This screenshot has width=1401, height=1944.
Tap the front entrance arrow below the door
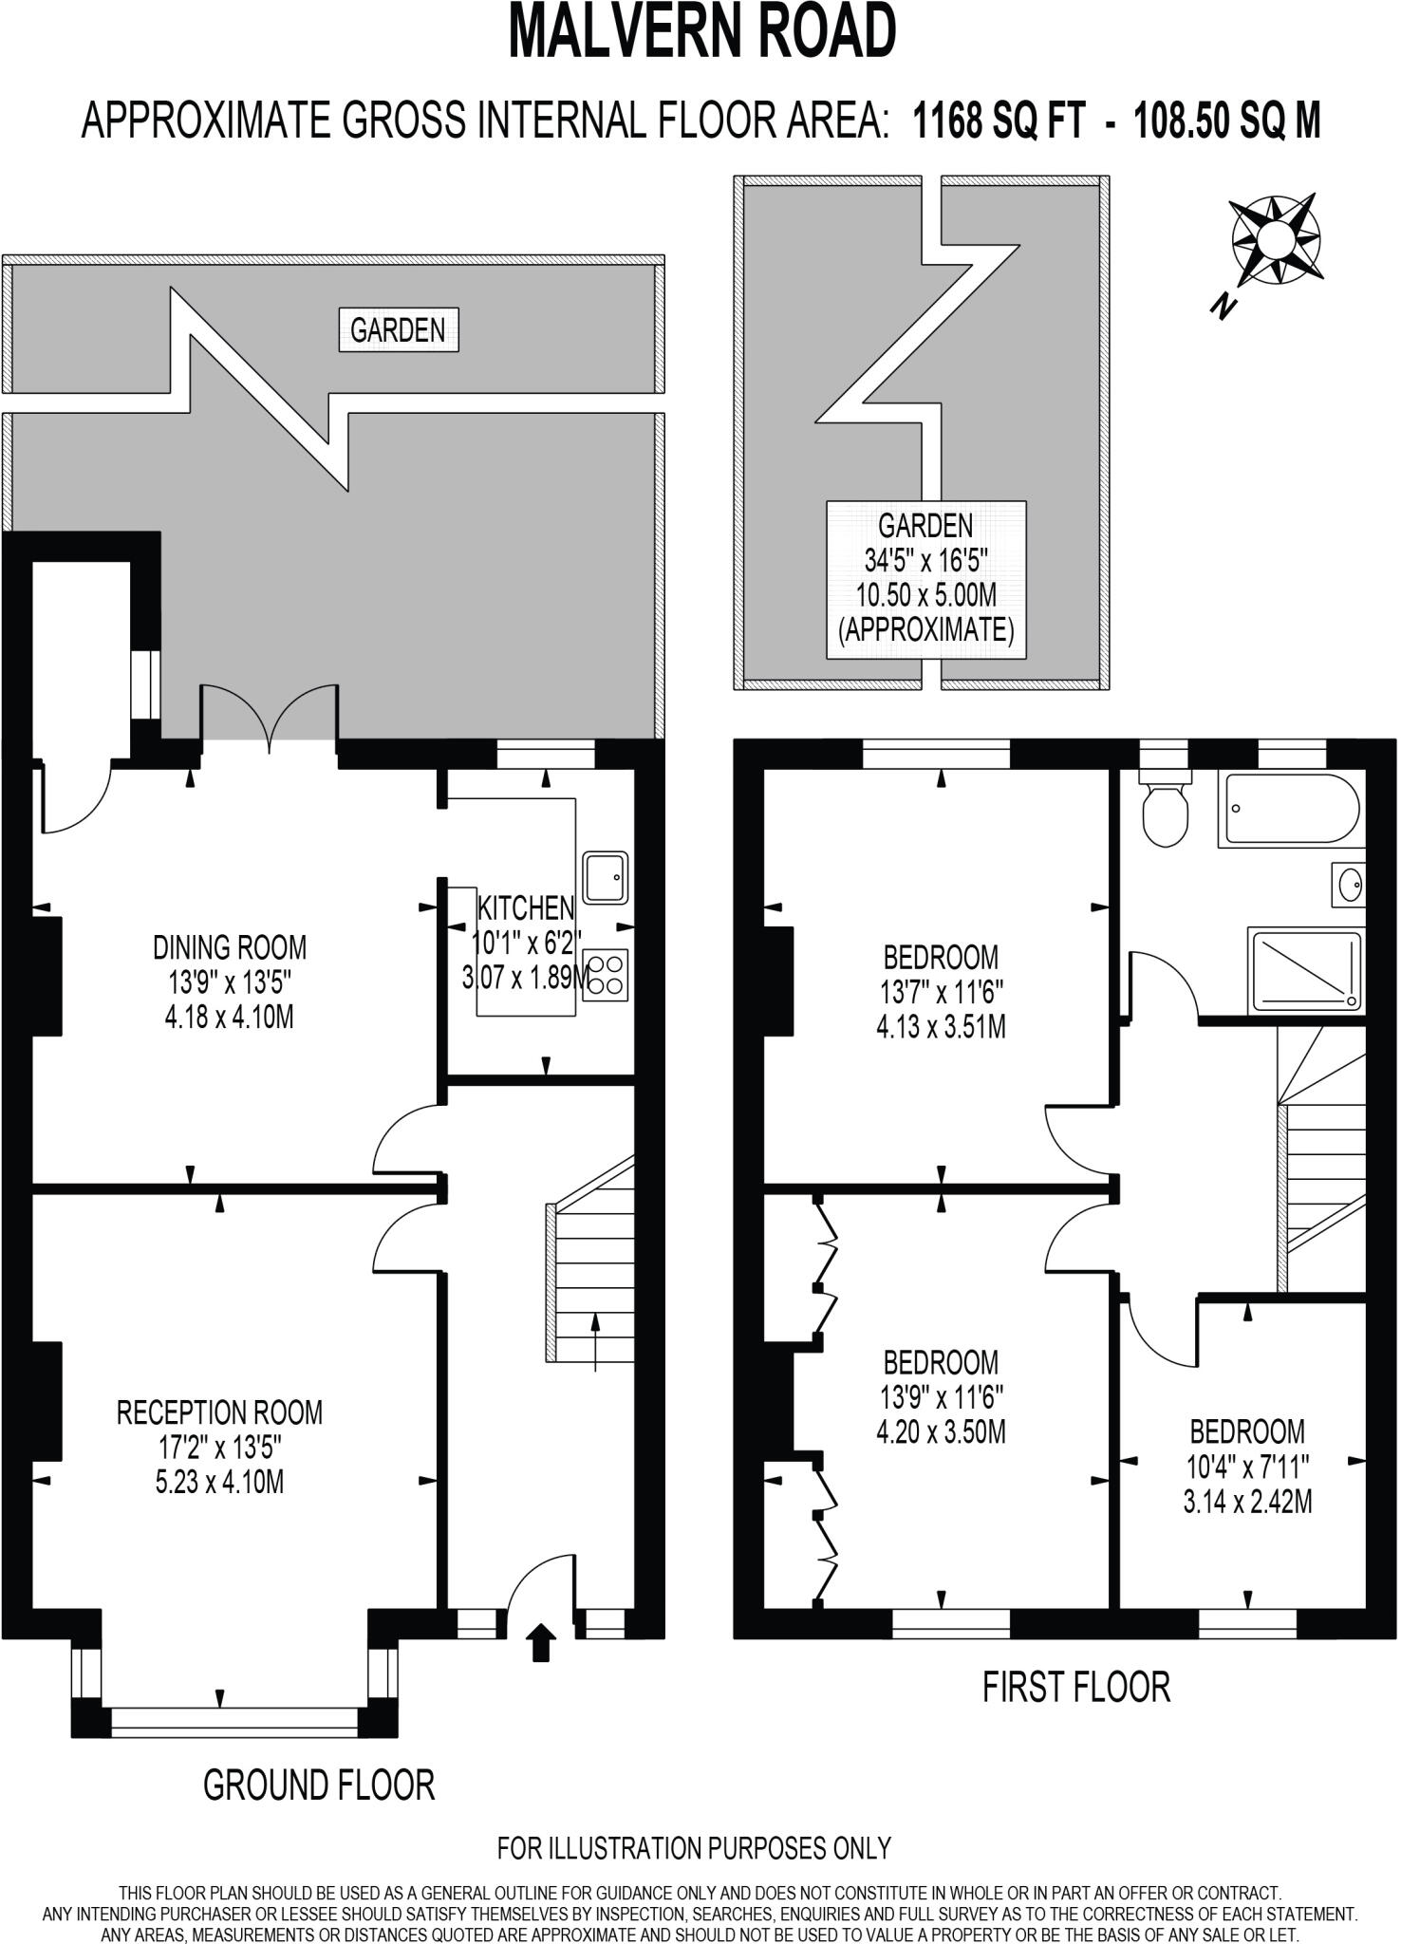tap(541, 1641)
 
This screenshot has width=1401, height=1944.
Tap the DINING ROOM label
tap(230, 947)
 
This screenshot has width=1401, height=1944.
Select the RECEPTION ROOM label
tap(219, 1412)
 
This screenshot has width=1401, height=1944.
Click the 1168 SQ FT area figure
tap(997, 121)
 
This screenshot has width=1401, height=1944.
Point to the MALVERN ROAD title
tap(702, 32)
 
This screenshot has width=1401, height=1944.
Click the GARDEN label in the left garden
tap(398, 330)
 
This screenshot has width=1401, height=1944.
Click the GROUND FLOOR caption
tap(319, 1785)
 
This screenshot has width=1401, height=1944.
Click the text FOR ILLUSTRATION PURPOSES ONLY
tap(694, 1848)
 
